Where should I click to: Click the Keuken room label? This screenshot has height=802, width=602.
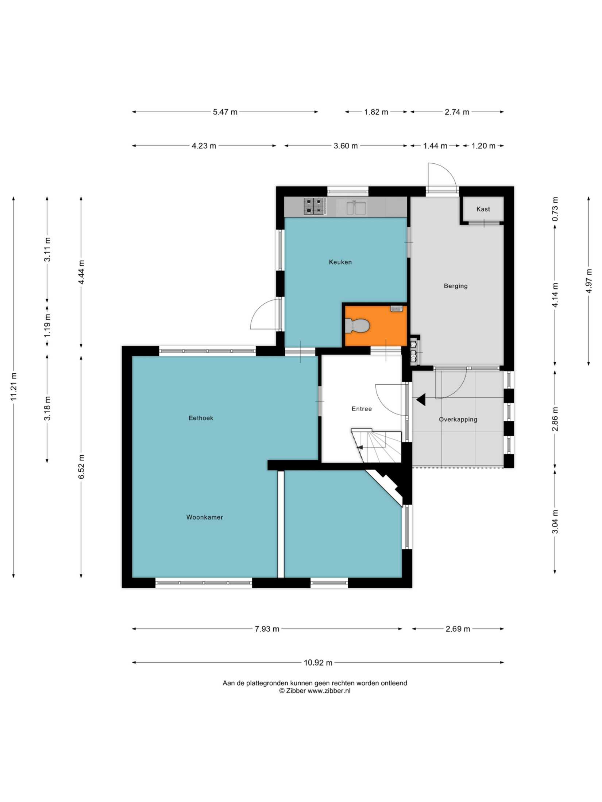(340, 262)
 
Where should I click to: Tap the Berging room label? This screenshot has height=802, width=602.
(456, 286)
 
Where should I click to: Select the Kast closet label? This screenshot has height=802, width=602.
(483, 209)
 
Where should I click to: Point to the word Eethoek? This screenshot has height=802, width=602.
(201, 418)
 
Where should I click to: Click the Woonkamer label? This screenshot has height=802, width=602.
(205, 517)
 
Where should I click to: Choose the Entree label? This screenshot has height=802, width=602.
(362, 409)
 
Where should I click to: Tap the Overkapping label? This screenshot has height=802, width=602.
(458, 420)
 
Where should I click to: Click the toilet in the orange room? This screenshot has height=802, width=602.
(357, 326)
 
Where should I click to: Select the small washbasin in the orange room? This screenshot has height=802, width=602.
(396, 309)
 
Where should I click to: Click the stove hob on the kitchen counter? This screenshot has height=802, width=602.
(314, 206)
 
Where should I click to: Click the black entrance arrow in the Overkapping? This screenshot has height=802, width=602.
(421, 400)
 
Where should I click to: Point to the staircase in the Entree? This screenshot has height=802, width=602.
(376, 445)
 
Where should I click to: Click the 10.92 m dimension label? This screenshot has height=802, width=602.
(318, 663)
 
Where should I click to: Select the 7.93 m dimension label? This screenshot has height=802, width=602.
(267, 629)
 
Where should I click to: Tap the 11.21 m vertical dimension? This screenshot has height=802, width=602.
(14, 387)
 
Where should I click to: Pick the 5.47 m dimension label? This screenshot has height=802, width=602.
(225, 112)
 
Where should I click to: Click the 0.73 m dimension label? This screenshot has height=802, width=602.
(555, 209)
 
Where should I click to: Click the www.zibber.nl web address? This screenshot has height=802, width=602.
(329, 691)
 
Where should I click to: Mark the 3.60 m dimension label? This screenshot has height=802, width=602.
(346, 146)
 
